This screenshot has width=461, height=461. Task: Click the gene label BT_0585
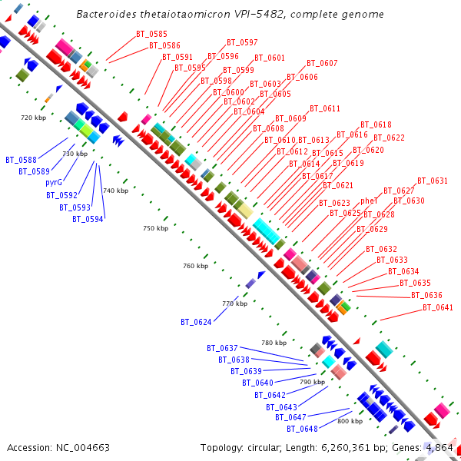click(151, 34)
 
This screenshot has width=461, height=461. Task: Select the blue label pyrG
click(53, 182)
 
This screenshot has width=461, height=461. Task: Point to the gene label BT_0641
click(438, 307)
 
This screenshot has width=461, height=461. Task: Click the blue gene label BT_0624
click(196, 321)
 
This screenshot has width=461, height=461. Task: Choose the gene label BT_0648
click(303, 429)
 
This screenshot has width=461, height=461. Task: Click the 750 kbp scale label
click(156, 228)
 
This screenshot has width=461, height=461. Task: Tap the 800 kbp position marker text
click(350, 421)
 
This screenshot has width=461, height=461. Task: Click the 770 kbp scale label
click(235, 303)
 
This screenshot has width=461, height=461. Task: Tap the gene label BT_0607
click(322, 63)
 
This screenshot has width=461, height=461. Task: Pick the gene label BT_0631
click(433, 181)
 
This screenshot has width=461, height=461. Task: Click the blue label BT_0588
click(21, 160)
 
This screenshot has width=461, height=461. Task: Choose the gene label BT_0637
click(222, 348)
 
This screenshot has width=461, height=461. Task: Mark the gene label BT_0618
click(376, 124)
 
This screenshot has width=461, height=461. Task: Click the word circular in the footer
click(267, 447)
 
